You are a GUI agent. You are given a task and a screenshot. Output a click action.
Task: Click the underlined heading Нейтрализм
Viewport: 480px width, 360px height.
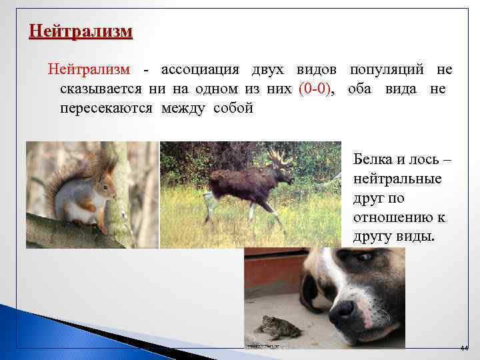point(81,32)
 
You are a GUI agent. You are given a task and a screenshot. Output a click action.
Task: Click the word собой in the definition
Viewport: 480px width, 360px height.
point(233,108)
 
